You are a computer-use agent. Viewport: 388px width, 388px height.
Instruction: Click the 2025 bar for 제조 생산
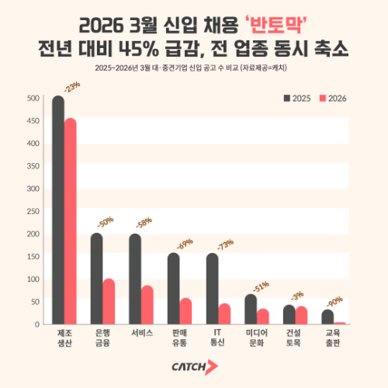pos(58,210)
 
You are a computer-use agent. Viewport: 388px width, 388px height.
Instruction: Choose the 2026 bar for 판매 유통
pos(185,310)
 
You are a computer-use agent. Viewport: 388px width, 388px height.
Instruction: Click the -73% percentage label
pos(224,246)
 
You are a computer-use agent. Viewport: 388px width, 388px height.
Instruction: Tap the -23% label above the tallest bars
pos(72,88)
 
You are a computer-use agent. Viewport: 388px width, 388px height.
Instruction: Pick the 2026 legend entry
pos(332,99)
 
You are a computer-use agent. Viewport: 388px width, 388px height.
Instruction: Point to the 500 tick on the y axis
pos(33,99)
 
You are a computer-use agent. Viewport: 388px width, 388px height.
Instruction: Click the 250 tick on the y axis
pos(33,211)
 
